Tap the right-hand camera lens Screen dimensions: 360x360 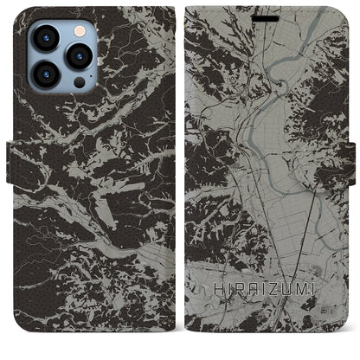coord(80,57)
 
